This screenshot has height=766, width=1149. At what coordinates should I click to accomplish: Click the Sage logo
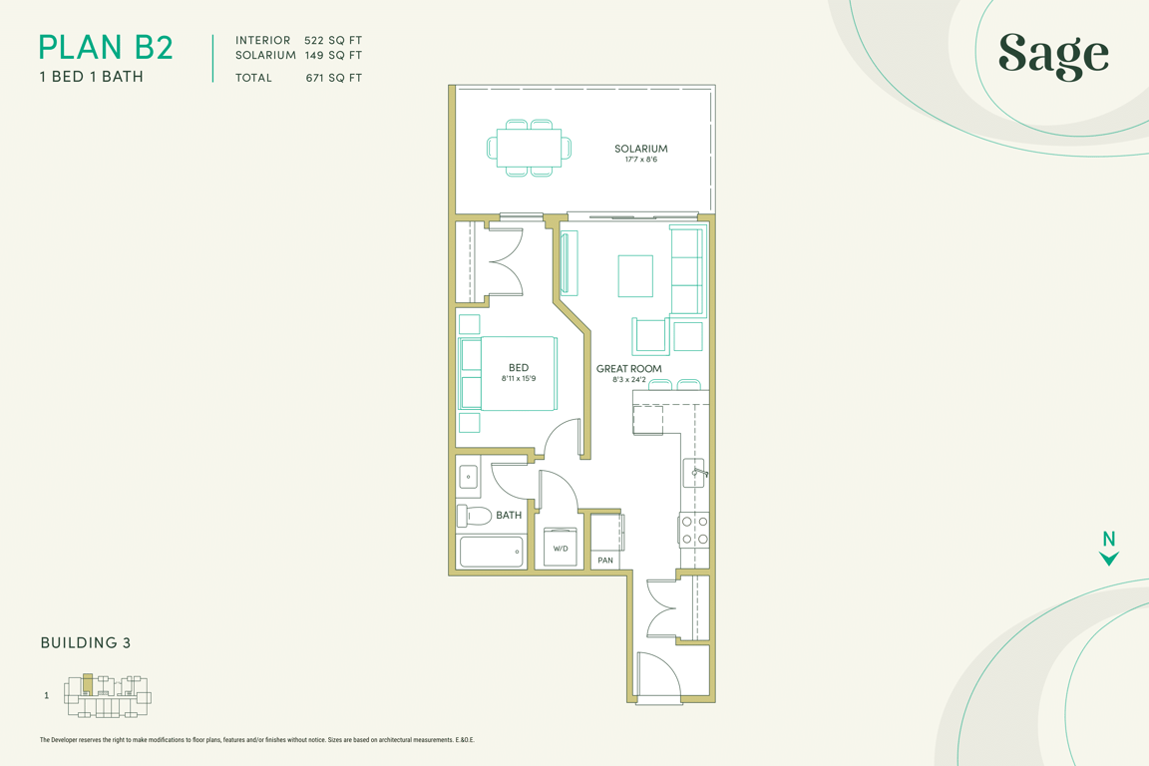point(1053,56)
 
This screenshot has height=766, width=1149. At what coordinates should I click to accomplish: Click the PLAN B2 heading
point(106,48)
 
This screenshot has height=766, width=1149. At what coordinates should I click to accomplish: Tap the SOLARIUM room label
point(641,149)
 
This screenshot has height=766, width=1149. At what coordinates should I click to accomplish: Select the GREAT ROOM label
point(628,369)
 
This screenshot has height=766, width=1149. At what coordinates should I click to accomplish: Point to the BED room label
point(519,368)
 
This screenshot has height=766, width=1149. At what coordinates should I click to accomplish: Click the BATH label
point(509,516)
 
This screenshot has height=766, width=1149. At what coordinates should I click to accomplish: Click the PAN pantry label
point(605,561)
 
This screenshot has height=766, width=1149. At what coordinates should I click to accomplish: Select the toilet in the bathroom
point(474,516)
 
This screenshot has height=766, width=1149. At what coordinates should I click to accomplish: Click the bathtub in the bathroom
point(491,552)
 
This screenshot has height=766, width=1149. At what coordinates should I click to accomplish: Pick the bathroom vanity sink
point(468,478)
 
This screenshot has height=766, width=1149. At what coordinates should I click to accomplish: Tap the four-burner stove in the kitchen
point(694,530)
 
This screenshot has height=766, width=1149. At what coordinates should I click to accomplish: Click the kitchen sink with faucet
point(695,473)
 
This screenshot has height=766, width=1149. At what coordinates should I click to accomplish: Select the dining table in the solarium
point(529,148)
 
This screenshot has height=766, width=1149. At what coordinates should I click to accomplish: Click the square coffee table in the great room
point(635,275)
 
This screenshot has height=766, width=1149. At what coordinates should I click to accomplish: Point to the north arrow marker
point(1109,549)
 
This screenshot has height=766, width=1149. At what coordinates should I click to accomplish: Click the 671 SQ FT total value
point(334,78)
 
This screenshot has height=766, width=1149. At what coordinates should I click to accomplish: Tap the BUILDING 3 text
point(86,643)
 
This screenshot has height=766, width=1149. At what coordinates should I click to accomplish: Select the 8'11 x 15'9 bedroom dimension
point(519,379)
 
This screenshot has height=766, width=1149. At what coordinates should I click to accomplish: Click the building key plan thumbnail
point(108,695)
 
